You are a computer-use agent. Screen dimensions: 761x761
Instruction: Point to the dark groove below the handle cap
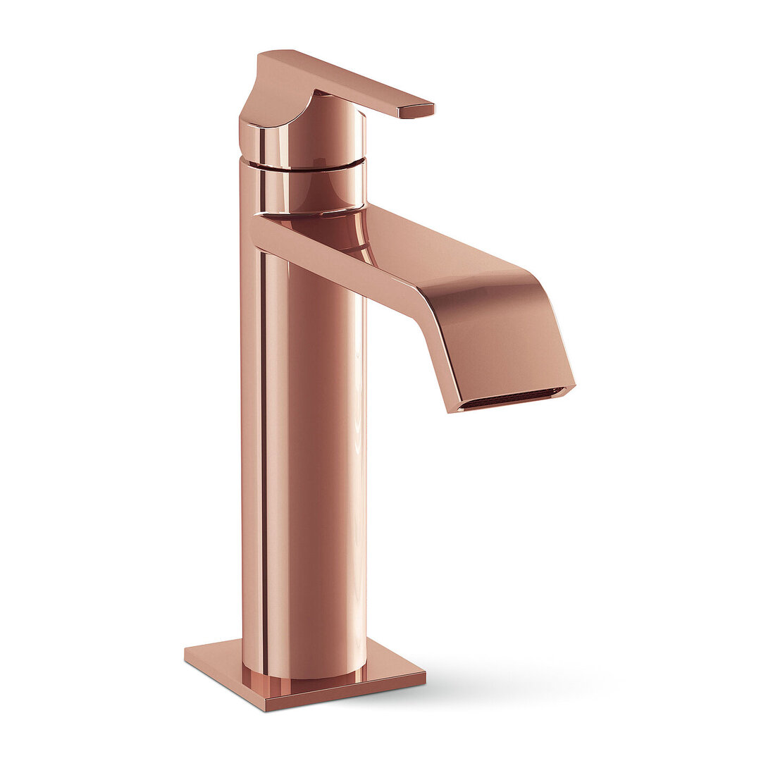coord(303,167)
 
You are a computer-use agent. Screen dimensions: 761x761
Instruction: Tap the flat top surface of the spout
coord(437,243)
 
